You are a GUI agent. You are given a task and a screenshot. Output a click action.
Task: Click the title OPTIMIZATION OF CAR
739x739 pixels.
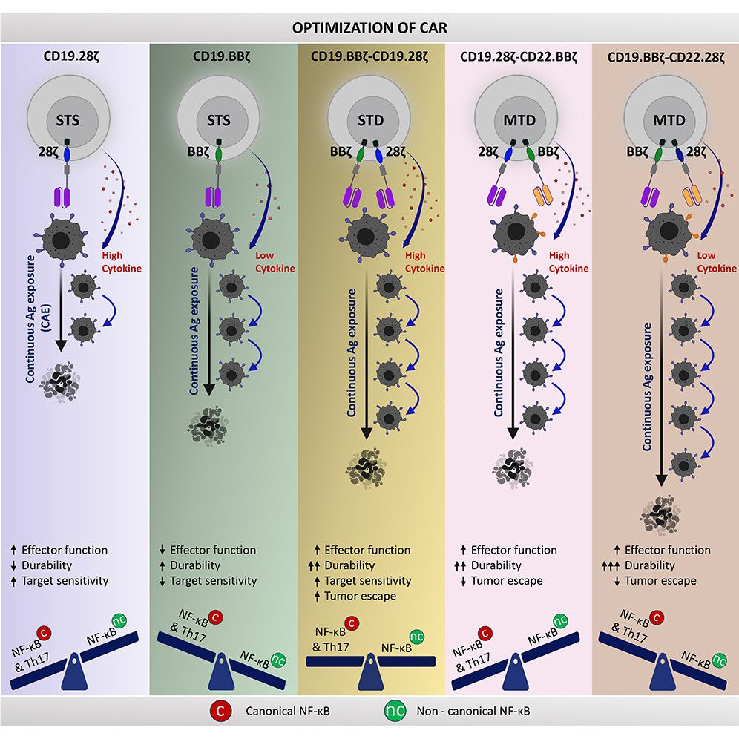click(369, 30)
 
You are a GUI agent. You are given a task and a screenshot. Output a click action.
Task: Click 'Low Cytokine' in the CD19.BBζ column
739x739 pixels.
click(275, 261)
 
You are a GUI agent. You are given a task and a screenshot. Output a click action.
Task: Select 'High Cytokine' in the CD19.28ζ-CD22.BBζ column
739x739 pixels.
click(569, 261)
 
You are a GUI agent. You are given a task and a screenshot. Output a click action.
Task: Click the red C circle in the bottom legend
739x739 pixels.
click(215, 711)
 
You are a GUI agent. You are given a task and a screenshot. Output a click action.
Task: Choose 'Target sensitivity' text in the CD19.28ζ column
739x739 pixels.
click(65, 581)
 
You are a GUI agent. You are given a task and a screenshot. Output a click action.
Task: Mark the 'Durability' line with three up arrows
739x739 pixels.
click(650, 565)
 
